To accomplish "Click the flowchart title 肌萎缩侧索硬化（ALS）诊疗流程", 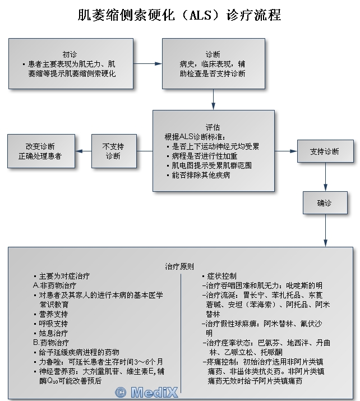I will coord(179,15).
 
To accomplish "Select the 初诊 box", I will coord(71,63).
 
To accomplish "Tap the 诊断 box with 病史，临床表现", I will coord(213,63).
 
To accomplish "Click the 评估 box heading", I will coord(213,127).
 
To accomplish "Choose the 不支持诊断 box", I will coord(114,151).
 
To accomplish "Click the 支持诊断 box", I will coord(325,151).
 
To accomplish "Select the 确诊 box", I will coord(325,203).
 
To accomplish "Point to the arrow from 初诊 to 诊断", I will coord(148,63).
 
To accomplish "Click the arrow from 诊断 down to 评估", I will coord(213,99).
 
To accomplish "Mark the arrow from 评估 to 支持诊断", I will coord(286,151).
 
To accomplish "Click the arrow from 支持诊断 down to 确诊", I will coord(325,178).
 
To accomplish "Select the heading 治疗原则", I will coord(180,265).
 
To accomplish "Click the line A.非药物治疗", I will coord(55,285).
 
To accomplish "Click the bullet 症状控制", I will coord(219,276).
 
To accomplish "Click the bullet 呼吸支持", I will coord(54,324).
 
